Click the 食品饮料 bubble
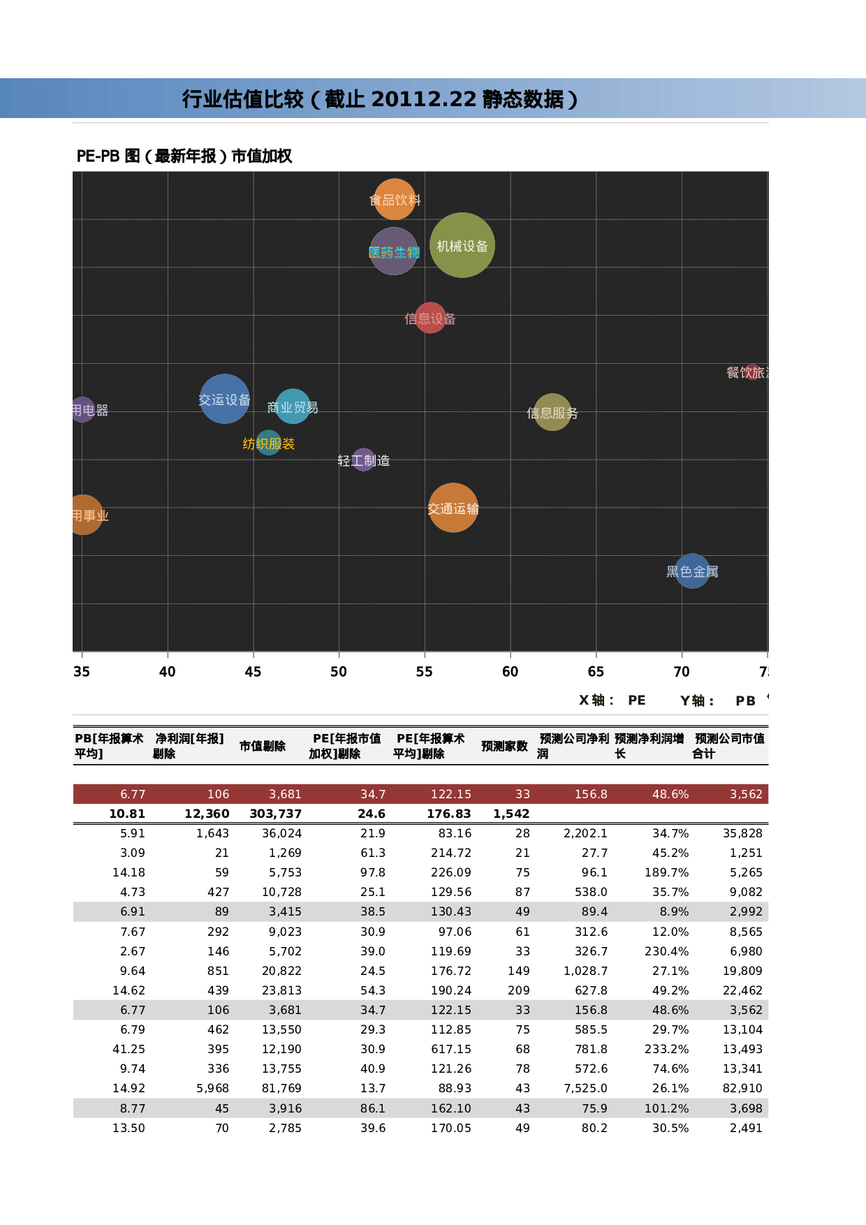[x=395, y=200]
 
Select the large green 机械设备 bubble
[x=462, y=245]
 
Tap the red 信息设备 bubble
[x=430, y=318]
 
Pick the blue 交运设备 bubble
[x=224, y=399]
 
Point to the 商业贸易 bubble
[x=293, y=406]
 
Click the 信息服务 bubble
[x=552, y=412]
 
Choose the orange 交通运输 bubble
[x=453, y=508]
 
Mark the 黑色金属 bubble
[x=692, y=571]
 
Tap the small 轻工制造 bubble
[x=363, y=460]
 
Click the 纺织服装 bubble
[x=269, y=443]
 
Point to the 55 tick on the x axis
[x=425, y=672]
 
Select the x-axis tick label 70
[x=682, y=672]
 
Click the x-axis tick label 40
[x=168, y=672]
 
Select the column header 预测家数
[x=504, y=747]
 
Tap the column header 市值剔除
[x=263, y=747]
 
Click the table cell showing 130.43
[x=451, y=912]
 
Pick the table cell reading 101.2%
[x=666, y=1109]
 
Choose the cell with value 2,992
[x=746, y=912]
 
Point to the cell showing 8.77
[x=133, y=1109]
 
